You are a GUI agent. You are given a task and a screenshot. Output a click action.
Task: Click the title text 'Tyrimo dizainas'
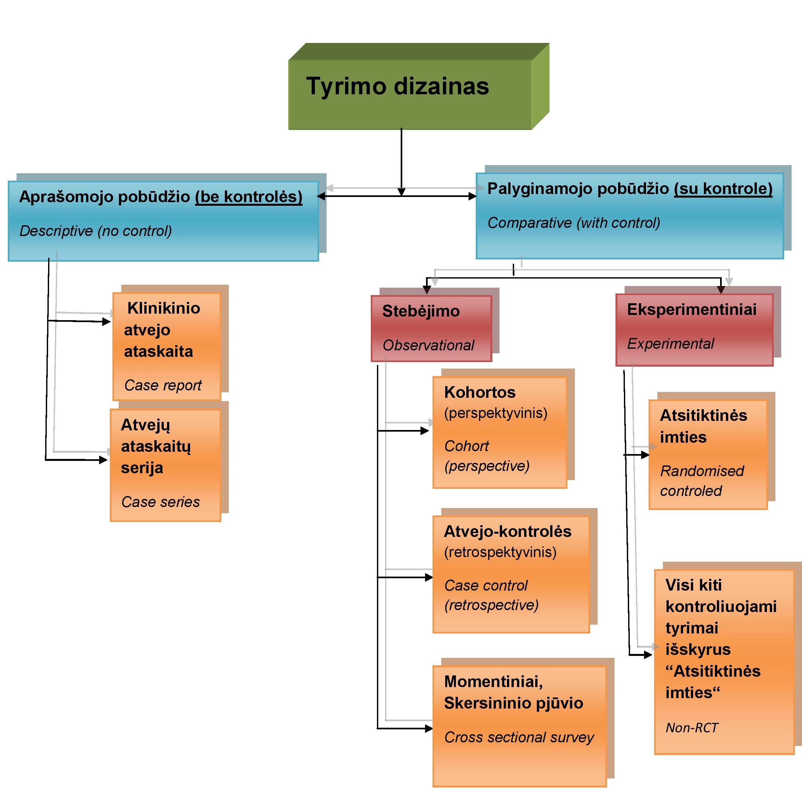click(x=397, y=86)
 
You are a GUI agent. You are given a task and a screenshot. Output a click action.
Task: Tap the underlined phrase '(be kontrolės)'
click(x=249, y=197)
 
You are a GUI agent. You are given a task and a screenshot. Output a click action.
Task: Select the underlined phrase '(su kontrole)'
click(x=723, y=189)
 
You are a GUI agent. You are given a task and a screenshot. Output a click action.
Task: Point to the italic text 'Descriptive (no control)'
click(x=96, y=231)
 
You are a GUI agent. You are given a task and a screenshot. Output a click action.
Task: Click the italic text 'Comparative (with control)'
click(x=573, y=223)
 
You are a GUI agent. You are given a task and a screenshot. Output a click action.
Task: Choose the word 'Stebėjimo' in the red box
click(x=420, y=311)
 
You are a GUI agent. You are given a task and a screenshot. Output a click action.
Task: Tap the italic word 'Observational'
click(x=428, y=345)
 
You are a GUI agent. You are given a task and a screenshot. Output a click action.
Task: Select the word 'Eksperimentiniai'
click(x=692, y=309)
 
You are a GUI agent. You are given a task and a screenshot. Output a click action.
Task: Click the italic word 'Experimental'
click(x=670, y=344)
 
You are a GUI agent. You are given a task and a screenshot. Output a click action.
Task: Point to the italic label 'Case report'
click(x=163, y=385)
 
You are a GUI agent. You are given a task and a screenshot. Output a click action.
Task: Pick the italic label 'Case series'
click(x=160, y=502)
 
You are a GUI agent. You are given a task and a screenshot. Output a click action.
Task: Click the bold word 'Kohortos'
click(x=479, y=392)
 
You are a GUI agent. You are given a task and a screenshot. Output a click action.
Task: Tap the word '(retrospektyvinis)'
click(x=500, y=552)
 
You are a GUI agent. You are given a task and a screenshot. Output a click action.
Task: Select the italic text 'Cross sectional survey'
click(x=519, y=737)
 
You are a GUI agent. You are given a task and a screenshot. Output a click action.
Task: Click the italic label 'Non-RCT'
click(x=692, y=727)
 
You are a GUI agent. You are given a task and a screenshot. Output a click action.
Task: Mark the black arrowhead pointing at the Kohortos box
click(x=425, y=431)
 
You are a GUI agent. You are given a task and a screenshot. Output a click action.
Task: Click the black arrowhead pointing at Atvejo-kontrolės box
click(x=429, y=577)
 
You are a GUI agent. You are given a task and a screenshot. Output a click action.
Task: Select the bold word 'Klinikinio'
click(x=163, y=308)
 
